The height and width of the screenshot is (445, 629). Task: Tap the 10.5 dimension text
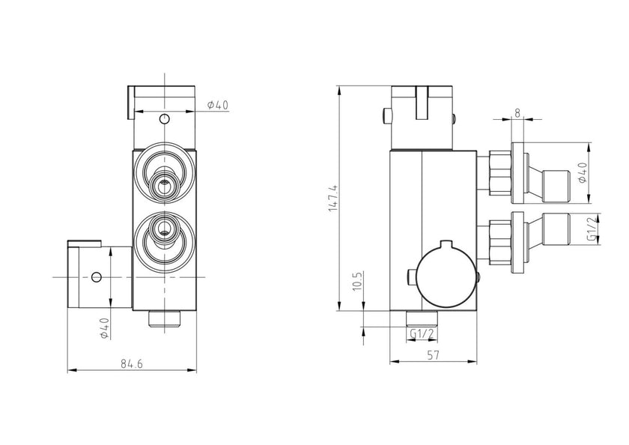(x=358, y=283)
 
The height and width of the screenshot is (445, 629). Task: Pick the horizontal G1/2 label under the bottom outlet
(x=420, y=332)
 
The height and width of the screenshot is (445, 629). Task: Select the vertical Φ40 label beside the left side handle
(x=104, y=328)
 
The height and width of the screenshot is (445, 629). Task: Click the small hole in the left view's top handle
(x=165, y=119)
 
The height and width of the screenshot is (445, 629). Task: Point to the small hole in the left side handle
(x=96, y=277)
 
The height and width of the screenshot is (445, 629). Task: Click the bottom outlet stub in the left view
(x=165, y=318)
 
